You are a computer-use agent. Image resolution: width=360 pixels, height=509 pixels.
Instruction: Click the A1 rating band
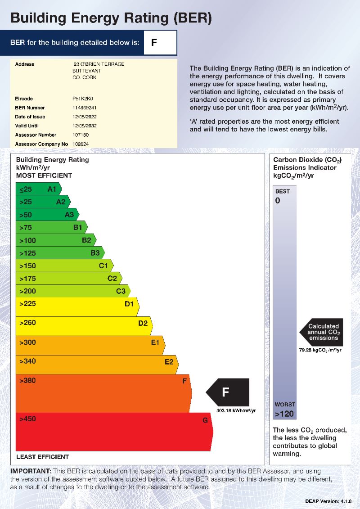[x=38, y=189]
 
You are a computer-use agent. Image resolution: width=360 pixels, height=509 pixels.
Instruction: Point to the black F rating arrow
[x=227, y=392]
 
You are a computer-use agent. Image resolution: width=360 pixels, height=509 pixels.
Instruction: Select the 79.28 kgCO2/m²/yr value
[x=320, y=350]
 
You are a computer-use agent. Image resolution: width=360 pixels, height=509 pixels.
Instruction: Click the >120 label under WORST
[x=284, y=414]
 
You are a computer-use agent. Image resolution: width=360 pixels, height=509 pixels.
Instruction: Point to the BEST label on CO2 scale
[x=283, y=191]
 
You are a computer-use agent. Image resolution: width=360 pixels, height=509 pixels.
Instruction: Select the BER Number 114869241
[x=84, y=108]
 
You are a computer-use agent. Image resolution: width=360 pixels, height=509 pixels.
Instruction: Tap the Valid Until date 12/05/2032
[x=85, y=126]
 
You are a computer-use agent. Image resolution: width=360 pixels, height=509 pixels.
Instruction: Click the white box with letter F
[x=160, y=43]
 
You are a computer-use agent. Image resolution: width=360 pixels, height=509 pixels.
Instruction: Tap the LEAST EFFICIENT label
[x=43, y=457]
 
